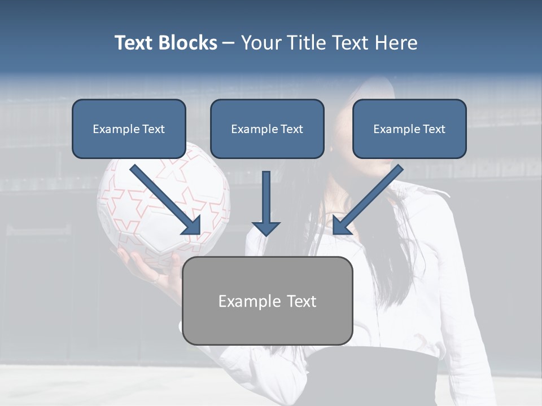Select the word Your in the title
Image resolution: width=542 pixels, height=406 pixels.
pyautogui.click(x=260, y=43)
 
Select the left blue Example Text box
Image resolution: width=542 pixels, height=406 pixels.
pyautogui.click(x=129, y=129)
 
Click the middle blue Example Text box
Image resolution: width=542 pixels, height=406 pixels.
pyautogui.click(x=267, y=129)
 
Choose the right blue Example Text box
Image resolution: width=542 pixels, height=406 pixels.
pyautogui.click(x=409, y=129)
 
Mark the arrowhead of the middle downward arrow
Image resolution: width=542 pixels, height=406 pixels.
pyautogui.click(x=266, y=228)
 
